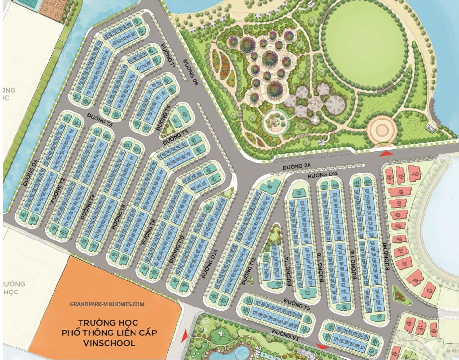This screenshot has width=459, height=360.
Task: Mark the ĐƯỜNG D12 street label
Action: coord(325,174)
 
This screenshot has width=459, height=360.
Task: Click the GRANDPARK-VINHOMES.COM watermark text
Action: coord(107,304)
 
